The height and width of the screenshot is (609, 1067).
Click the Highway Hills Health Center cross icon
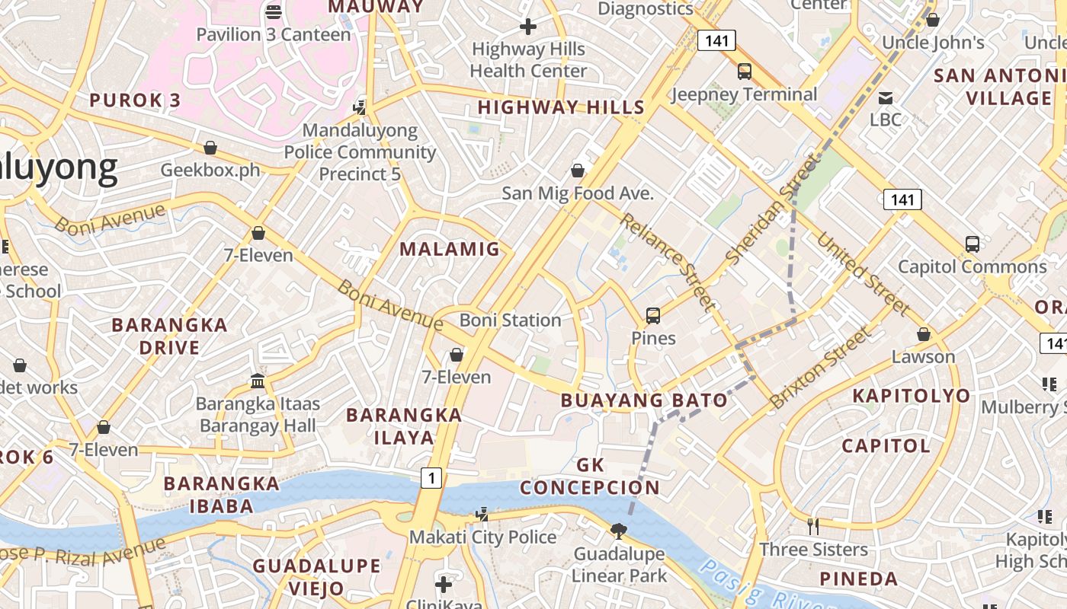pos(527,27)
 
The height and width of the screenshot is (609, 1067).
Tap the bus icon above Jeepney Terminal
pos(744,72)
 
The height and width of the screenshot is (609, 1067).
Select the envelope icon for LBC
pos(885,97)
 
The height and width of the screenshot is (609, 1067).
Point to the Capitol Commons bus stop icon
pos(972,244)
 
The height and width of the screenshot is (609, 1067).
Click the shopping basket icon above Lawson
pos(923,334)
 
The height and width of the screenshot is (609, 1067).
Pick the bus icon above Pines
pos(652,315)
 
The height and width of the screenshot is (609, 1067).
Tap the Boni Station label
pos(510,320)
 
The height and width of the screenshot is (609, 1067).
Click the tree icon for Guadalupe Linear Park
pos(619,531)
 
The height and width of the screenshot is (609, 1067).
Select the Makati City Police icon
pos(482,515)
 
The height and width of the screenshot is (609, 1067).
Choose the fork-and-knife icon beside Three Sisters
pos(812,526)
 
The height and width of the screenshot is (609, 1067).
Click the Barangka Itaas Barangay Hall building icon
pos(258,381)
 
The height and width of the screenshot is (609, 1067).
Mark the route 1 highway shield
pos(431,478)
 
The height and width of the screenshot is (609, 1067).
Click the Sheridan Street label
pos(772,209)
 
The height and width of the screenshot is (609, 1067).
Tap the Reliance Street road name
pos(668,261)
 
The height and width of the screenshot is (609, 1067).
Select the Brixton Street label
pos(820,368)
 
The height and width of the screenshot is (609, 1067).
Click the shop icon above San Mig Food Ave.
pos(578,170)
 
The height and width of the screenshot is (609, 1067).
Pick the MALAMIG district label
pos(450,249)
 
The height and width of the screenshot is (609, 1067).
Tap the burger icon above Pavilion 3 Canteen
pos(274,11)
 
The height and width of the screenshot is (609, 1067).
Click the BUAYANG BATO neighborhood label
pos(644,400)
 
